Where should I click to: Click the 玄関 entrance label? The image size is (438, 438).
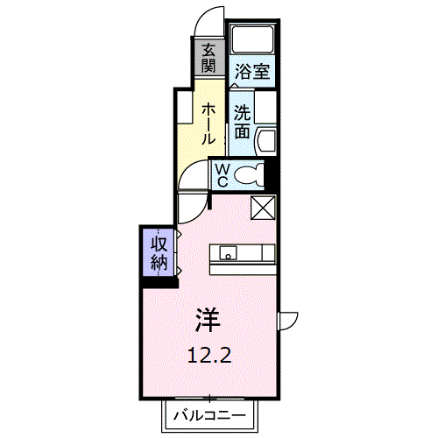click(x=208, y=59)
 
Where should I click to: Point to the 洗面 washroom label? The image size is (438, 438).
click(x=243, y=123)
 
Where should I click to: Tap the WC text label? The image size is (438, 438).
click(x=223, y=174)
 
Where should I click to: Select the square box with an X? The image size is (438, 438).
click(x=263, y=207)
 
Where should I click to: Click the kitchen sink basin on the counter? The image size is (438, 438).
click(x=228, y=255)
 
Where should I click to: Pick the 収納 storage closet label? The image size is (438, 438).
click(x=159, y=252)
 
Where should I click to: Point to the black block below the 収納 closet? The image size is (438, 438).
click(x=159, y=281)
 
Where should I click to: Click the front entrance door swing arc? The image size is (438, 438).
click(x=208, y=19)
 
